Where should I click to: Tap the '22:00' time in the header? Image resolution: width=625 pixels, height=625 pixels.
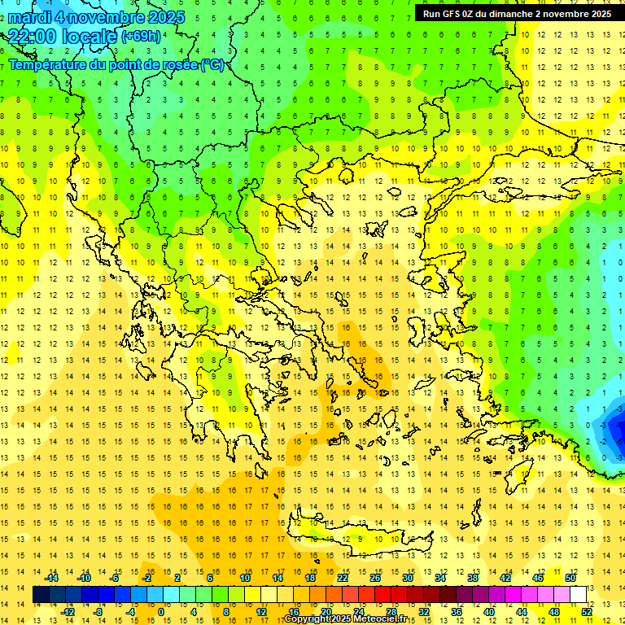pyautogui.click(x=33, y=37)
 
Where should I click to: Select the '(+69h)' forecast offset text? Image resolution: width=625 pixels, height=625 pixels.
pyautogui.click(x=141, y=37)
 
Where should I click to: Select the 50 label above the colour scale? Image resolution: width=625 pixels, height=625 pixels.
pyautogui.click(x=570, y=578)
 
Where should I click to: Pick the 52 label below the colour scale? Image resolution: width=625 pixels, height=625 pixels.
pyautogui.click(x=586, y=612)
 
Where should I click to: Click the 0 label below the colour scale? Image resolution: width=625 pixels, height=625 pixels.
pyautogui.click(x=161, y=612)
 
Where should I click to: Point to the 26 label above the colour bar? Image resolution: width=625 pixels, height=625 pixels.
pyautogui.click(x=374, y=578)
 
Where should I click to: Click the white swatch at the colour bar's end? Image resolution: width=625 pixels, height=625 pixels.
pyautogui.click(x=578, y=595)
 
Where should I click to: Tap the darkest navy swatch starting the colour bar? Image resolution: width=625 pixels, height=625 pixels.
pyautogui.click(x=42, y=595)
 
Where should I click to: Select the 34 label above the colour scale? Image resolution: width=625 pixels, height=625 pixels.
pyautogui.click(x=439, y=578)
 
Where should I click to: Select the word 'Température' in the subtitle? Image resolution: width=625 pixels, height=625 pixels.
pyautogui.click(x=49, y=64)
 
